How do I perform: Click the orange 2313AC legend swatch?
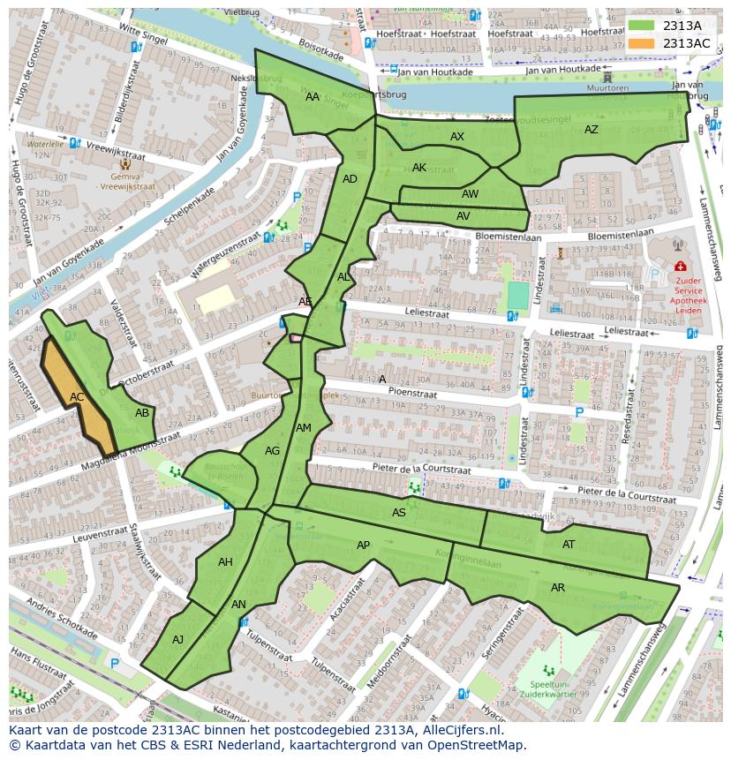click(x=643, y=43)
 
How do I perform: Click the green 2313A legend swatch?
click(x=643, y=26)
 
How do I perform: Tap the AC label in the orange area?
click(x=77, y=397)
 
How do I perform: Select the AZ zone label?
click(x=592, y=130)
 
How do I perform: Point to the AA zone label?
click(x=313, y=97)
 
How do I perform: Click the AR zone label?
click(x=558, y=588)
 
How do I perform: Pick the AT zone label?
click(x=569, y=545)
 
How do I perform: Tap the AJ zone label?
click(x=178, y=640)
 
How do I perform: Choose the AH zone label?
click(x=225, y=562)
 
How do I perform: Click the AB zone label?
click(x=142, y=413)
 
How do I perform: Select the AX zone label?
click(x=457, y=137)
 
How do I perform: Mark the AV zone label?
click(x=463, y=215)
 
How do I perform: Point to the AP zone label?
click(x=364, y=546)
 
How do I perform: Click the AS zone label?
click(x=399, y=513)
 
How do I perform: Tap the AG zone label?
click(x=272, y=451)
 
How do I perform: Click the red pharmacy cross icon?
click(x=680, y=266)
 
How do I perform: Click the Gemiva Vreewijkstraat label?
click(x=124, y=181)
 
